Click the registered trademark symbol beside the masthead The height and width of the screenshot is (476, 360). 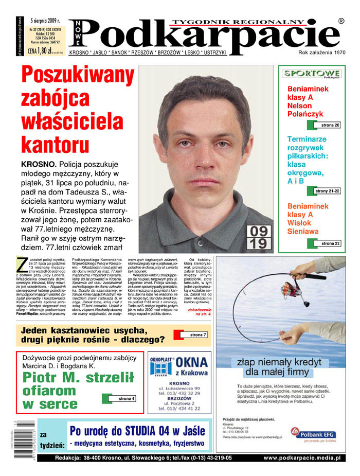coord(341,21)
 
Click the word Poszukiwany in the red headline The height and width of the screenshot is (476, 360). coord(78,77)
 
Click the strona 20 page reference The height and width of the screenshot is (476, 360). coord(330,125)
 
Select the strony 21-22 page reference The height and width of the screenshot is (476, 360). coord(328,191)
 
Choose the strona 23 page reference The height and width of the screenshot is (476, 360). coord(330,243)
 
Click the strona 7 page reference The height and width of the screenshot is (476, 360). coord(197,335)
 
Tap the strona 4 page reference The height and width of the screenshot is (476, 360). coord(126,399)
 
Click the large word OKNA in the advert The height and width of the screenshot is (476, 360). coord(191,363)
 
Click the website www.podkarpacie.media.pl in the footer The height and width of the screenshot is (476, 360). coord(302,457)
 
